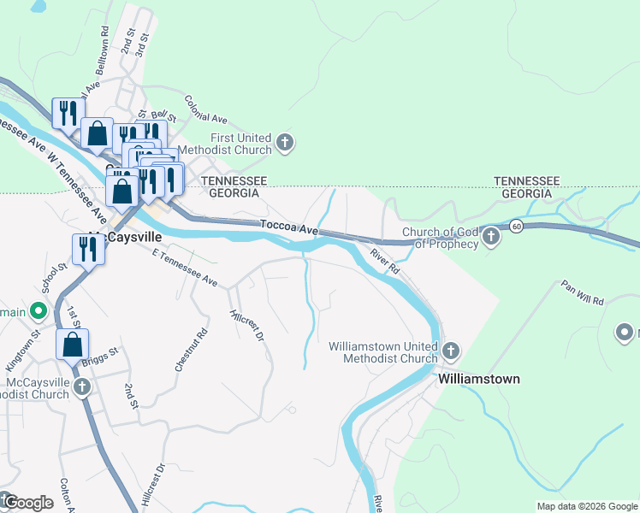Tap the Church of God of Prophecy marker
pos(490,237)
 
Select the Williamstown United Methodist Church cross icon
pos(451,351)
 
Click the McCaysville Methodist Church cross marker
pos(82,387)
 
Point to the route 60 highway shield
pos(515,226)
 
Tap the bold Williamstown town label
pos(478,378)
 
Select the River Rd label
pos(385,260)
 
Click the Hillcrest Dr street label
pos(246,324)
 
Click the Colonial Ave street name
pos(205,109)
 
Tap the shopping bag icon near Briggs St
pos(73,345)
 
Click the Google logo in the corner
pos(27,503)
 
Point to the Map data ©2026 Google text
pos(586,506)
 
